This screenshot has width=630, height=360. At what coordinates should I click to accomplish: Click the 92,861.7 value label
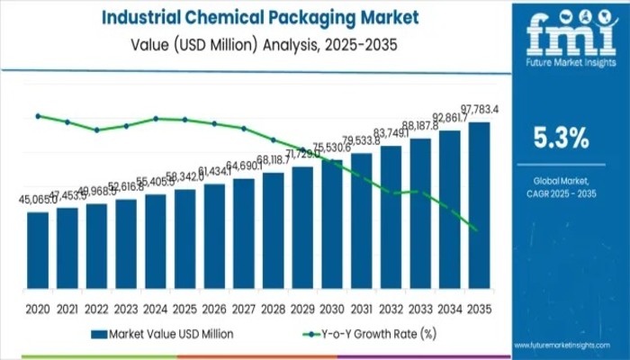(448, 118)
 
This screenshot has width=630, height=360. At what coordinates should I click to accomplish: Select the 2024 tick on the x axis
(155, 307)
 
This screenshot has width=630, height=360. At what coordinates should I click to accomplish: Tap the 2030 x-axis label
(331, 307)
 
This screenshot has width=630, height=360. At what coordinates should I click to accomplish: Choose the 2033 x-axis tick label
(419, 307)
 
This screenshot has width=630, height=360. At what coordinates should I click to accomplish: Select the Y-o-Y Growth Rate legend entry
(370, 334)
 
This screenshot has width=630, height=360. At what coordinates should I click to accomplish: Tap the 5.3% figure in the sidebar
(562, 138)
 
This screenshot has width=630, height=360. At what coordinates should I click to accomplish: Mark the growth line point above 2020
(38, 115)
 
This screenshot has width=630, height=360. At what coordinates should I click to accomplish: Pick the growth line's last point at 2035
(473, 230)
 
